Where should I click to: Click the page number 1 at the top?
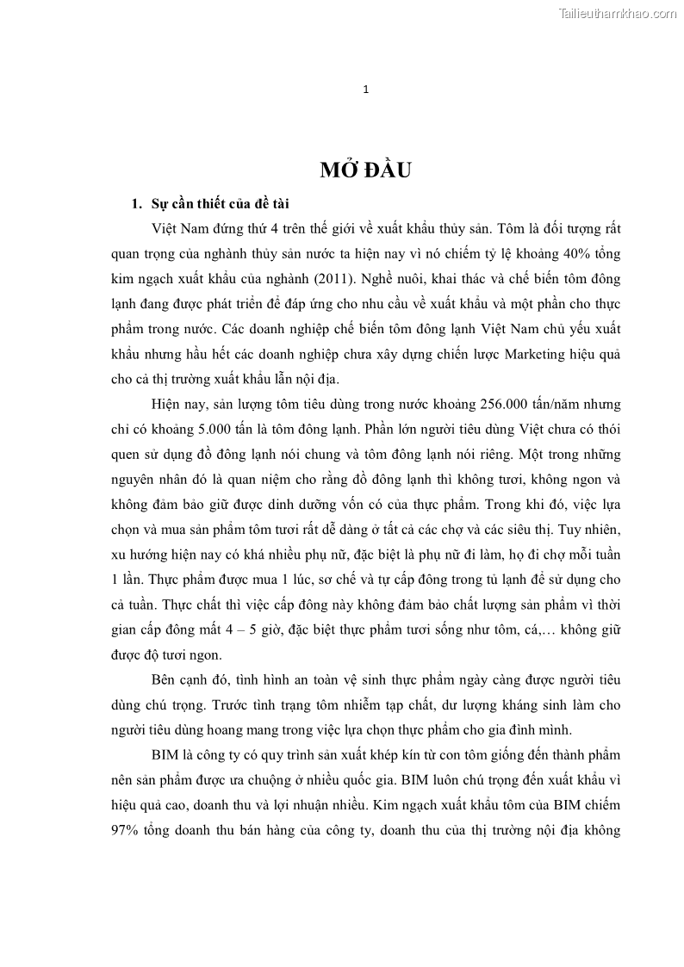tap(366, 90)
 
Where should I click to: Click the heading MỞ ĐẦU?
tap(365, 170)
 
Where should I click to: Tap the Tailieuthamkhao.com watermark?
tap(618, 13)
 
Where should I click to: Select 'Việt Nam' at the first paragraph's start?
tap(177, 229)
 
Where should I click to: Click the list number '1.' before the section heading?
tap(134, 204)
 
